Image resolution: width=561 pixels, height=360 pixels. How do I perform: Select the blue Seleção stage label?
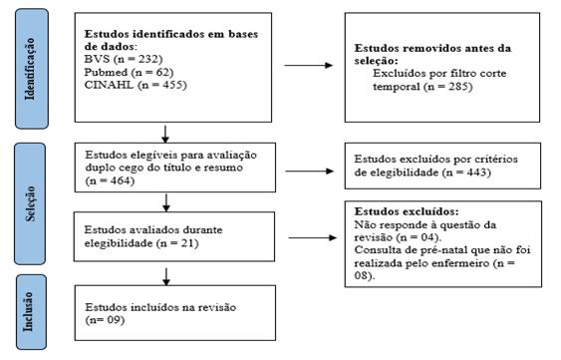[30, 195]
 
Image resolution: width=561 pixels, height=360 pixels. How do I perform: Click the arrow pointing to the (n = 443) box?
[309, 168]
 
